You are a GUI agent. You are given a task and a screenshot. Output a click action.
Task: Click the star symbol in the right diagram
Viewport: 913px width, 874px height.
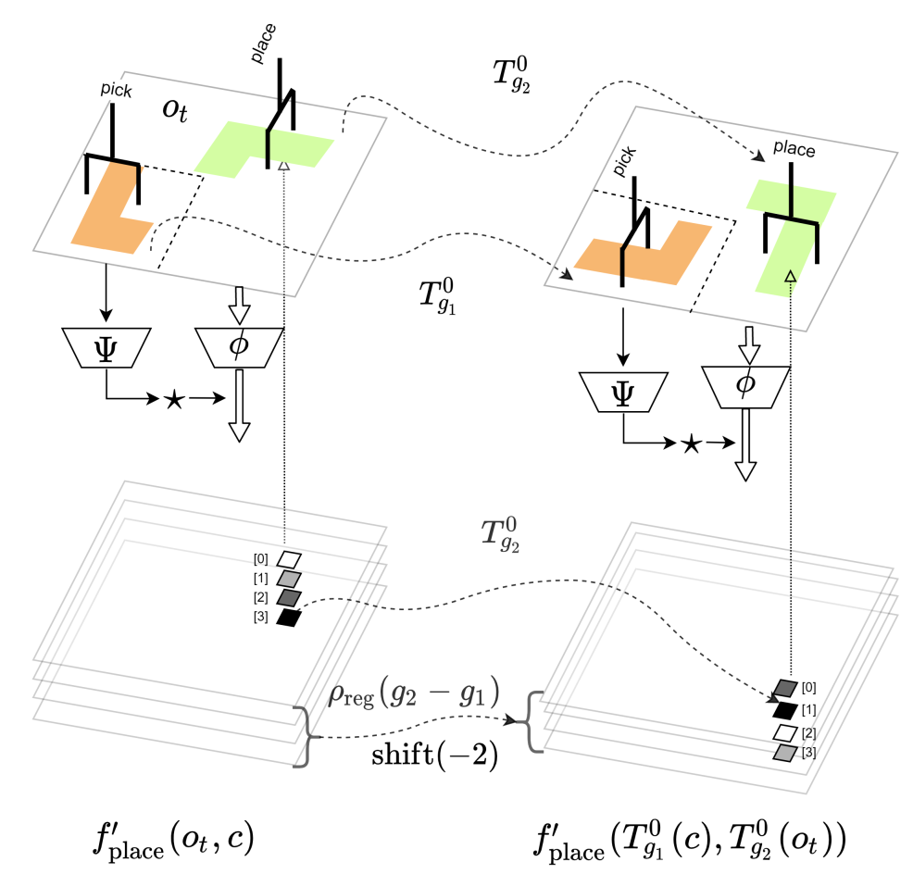pyautogui.click(x=691, y=444)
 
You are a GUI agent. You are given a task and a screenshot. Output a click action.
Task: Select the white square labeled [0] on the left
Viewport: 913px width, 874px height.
pyautogui.click(x=290, y=559)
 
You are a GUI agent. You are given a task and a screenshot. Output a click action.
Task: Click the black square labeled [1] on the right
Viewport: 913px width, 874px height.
pyautogui.click(x=784, y=710)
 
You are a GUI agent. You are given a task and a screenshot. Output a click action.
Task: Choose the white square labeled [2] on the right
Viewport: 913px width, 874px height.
pyautogui.click(x=786, y=732)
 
